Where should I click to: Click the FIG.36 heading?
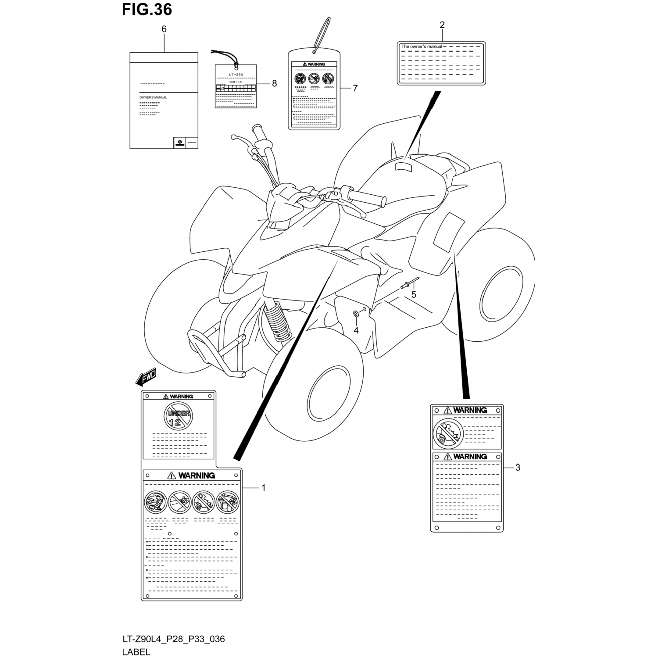pos(147,9)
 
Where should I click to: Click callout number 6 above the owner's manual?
pos(164,29)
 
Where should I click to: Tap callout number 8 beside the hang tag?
pos(274,83)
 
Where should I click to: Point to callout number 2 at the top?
pos(442,25)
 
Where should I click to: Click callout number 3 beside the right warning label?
pos(518,468)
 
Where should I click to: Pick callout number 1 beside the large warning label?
pos(264,487)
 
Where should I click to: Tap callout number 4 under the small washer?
pos(356,330)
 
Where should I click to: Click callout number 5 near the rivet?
pos(413,295)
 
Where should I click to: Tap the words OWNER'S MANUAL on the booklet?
pos(153,97)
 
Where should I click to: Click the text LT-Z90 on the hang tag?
pos(236,75)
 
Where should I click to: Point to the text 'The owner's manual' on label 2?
pos(422,46)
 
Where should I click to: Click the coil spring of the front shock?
pos(276,320)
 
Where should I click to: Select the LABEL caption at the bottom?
pos(136,652)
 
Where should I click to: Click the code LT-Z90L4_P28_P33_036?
pos(173,639)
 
